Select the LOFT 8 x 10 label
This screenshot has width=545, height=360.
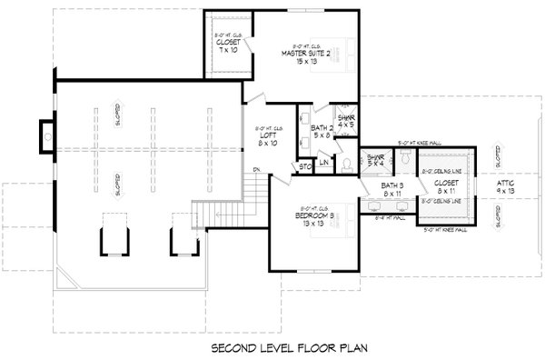(x=265, y=138)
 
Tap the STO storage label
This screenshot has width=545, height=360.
(x=306, y=166)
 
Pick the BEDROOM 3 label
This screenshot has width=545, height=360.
(x=315, y=218)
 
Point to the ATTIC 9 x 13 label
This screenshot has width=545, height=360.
(x=506, y=188)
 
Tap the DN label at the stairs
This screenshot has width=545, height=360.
(x=257, y=170)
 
